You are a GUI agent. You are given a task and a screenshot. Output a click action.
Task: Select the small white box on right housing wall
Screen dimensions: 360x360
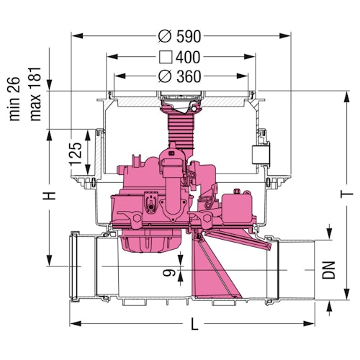click(x=258, y=154)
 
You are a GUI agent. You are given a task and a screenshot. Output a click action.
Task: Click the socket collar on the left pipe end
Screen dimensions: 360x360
click(x=74, y=266)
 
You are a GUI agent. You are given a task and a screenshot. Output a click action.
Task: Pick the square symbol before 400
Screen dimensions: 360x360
click(x=163, y=56)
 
